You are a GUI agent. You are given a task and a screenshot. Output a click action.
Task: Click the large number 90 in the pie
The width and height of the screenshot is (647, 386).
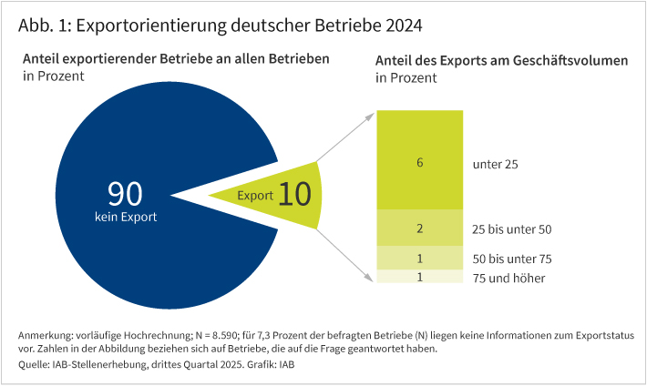pyautogui.click(x=126, y=194)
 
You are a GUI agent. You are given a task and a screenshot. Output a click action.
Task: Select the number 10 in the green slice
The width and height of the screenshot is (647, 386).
pyautogui.click(x=296, y=195)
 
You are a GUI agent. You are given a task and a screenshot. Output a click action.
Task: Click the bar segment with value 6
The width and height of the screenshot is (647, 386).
pyautogui.click(x=419, y=163)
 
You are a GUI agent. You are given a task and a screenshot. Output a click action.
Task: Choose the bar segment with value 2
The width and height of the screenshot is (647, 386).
pyautogui.click(x=419, y=229)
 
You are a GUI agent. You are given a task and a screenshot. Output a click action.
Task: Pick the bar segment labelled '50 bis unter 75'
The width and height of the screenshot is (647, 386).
pyautogui.click(x=419, y=259)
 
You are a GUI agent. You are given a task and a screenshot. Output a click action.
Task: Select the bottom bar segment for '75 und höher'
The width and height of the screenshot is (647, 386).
pyautogui.click(x=419, y=277)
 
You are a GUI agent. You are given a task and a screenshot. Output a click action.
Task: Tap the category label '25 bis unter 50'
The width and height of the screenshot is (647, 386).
pyautogui.click(x=513, y=229)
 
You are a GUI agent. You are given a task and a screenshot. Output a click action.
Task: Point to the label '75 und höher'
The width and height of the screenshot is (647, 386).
pyautogui.click(x=508, y=278)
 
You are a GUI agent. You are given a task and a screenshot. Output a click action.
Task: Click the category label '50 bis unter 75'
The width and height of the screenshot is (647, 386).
pyautogui.click(x=513, y=259)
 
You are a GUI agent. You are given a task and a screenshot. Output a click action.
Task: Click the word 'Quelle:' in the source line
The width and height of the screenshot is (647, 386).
pyautogui.click(x=37, y=364)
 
